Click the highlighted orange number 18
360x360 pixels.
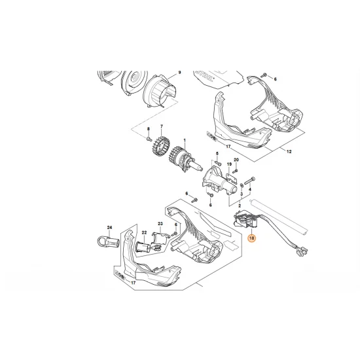253,240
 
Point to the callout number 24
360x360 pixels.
110,228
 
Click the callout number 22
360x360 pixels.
143,234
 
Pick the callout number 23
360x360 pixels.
160,225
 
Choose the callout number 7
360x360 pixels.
161,126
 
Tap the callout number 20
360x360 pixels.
236,159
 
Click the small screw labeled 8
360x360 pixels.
149,139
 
